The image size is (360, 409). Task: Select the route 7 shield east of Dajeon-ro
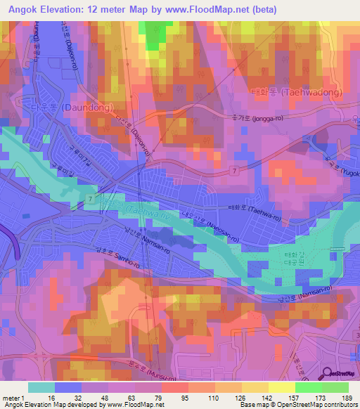click(235, 171)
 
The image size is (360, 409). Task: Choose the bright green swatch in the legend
click(308, 387)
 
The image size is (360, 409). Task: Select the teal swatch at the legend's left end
click(41, 387)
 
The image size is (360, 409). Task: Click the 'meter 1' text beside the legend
click(13, 396)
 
